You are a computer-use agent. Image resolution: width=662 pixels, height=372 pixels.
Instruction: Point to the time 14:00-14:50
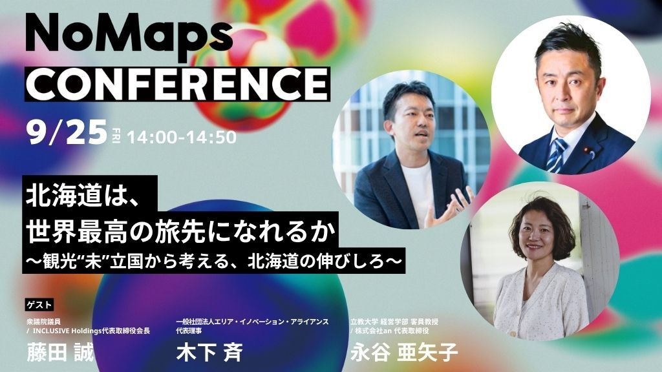(182, 137)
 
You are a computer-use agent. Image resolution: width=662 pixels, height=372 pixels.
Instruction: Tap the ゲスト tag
(39, 305)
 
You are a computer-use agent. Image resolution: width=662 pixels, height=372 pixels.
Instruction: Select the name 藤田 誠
(60, 352)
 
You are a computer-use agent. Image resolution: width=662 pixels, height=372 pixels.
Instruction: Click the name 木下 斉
(209, 352)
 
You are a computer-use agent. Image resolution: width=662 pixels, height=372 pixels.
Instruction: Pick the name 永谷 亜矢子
(404, 352)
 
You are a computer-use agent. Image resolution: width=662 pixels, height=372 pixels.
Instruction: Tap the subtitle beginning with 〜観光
(213, 262)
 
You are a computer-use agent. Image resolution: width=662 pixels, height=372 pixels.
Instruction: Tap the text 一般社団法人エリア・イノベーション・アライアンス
(253, 322)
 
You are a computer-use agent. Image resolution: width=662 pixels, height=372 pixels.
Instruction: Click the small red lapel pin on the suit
(586, 149)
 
